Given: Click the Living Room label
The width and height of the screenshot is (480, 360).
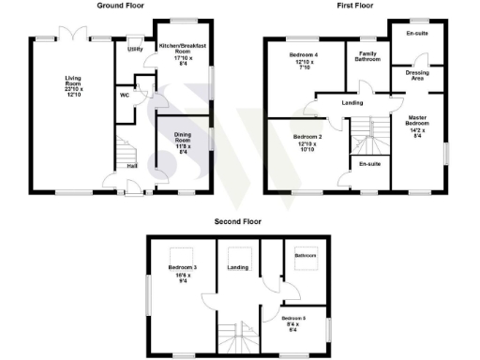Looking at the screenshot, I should pyautogui.click(x=73, y=85).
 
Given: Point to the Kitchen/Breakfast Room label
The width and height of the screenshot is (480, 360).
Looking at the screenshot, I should pyautogui.click(x=184, y=52).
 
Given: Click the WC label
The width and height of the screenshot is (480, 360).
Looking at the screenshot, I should pyautogui.click(x=124, y=95).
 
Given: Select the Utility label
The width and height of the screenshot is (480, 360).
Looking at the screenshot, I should pyautogui.click(x=135, y=49).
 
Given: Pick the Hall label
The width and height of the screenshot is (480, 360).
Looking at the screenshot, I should pyautogui.click(x=132, y=165).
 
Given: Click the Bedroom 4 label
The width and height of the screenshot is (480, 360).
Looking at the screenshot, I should pyautogui.click(x=303, y=62).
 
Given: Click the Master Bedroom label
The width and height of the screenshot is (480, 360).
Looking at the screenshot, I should pyautogui.click(x=417, y=125).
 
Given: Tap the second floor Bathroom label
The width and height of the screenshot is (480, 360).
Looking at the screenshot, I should pyautogui.click(x=306, y=255).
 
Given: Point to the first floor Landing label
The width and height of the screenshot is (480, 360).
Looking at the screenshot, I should pyautogui.click(x=353, y=103).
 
